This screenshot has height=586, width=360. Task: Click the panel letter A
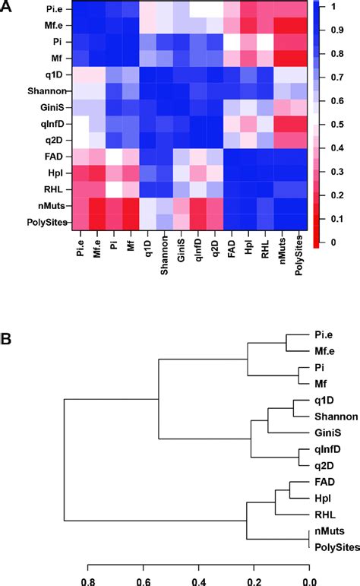coord(8,8)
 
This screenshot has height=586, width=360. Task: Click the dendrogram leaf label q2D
coord(323,465)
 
